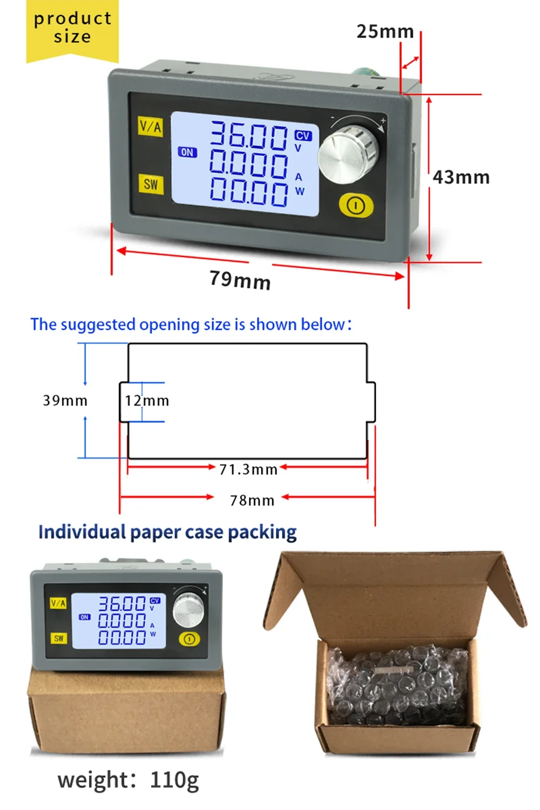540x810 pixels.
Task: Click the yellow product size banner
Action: pyautogui.click(x=72, y=31)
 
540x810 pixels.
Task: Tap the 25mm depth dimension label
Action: pyautogui.click(x=385, y=31)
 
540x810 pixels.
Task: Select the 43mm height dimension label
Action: pyautogui.click(x=461, y=177)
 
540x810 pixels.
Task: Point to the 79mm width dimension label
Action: pyautogui.click(x=240, y=280)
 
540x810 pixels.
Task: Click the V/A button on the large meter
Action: pyautogui.click(x=151, y=126)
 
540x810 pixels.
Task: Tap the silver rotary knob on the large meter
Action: pyautogui.click(x=348, y=154)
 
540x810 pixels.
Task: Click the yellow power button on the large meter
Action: pyautogui.click(x=356, y=206)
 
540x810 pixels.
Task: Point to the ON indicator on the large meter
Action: pyautogui.click(x=187, y=152)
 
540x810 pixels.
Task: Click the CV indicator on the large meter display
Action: pyautogui.click(x=303, y=136)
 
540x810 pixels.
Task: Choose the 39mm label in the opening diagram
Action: pyautogui.click(x=65, y=401)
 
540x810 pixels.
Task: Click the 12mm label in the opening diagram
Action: pyautogui.click(x=147, y=401)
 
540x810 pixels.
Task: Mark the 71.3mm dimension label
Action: pyautogui.click(x=248, y=469)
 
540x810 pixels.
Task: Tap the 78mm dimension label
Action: pyautogui.click(x=252, y=501)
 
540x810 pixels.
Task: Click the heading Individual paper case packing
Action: pyautogui.click(x=167, y=532)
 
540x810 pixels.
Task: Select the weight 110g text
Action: pyautogui.click(x=128, y=780)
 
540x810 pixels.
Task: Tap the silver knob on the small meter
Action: pyautogui.click(x=188, y=610)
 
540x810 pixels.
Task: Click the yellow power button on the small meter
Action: pyautogui.click(x=189, y=639)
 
